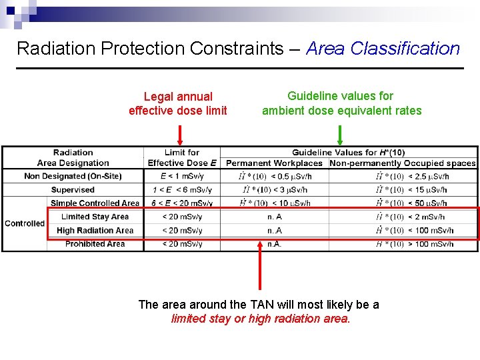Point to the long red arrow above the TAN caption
pyautogui.click(x=260, y=267)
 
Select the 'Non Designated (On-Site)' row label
pyautogui.click(x=73, y=176)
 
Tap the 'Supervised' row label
pyautogui.click(x=73, y=190)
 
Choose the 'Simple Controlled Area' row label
pyautogui.click(x=95, y=203)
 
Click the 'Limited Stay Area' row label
pyautogui.click(x=95, y=217)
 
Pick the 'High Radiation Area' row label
pyautogui.click(x=95, y=231)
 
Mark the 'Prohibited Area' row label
pyautogui.click(x=95, y=244)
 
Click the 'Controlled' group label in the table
pyautogui.click(x=25, y=223)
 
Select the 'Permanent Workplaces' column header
pyautogui.click(x=274, y=163)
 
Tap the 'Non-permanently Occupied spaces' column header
pyautogui.click(x=403, y=163)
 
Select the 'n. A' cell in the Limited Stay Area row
pyautogui.click(x=274, y=217)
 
